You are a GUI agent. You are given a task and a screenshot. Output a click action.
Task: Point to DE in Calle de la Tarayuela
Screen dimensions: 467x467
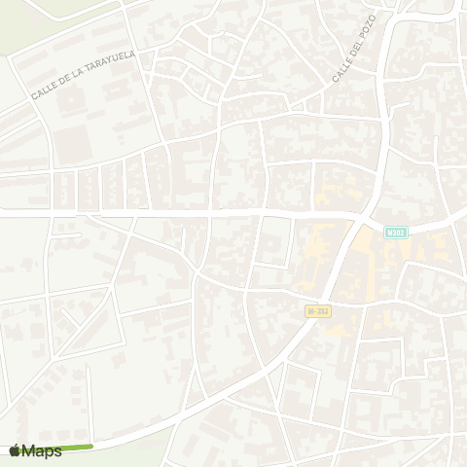[x=65, y=84]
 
